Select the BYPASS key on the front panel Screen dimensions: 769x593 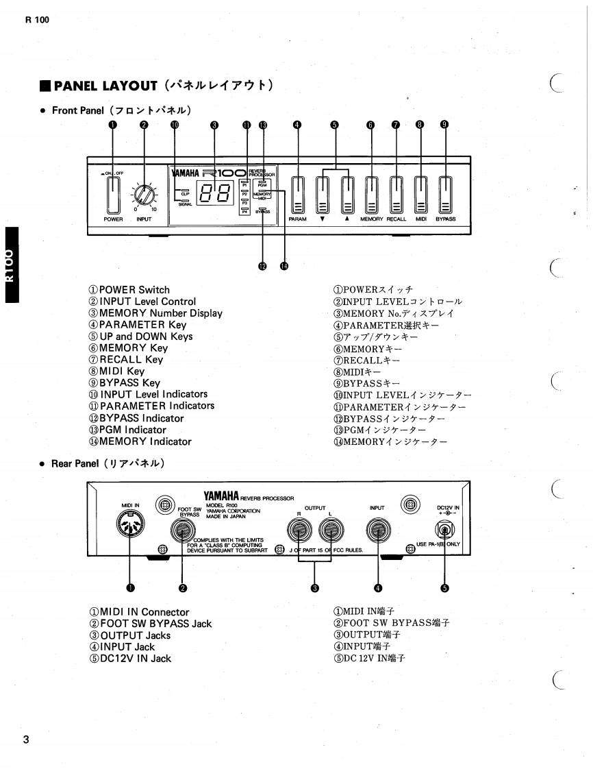(x=446, y=195)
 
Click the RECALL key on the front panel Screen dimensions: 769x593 (x=396, y=195)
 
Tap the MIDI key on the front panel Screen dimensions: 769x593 (x=421, y=195)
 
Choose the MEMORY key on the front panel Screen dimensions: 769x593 (x=371, y=195)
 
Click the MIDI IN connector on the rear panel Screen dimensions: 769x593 (x=131, y=528)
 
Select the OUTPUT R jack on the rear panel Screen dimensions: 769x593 (x=299, y=530)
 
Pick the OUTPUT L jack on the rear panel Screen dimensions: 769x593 (x=330, y=530)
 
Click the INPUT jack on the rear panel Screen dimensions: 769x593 (x=377, y=530)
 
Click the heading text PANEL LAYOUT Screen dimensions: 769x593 (x=105, y=86)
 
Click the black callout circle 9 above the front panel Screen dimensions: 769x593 (x=444, y=125)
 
